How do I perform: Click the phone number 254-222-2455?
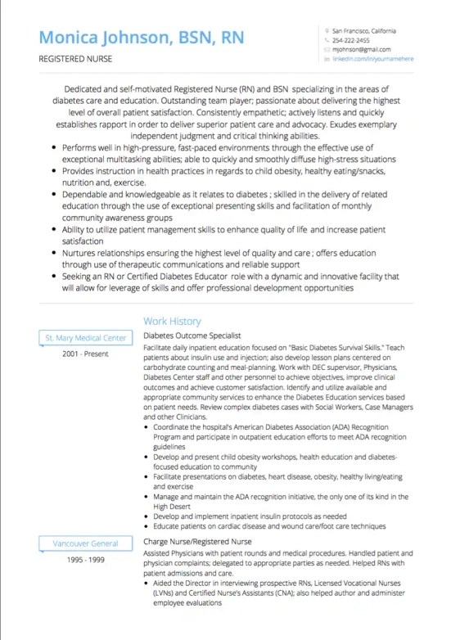pos(351,39)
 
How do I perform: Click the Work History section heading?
pos(171,322)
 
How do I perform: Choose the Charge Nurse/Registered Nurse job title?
pos(197,541)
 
